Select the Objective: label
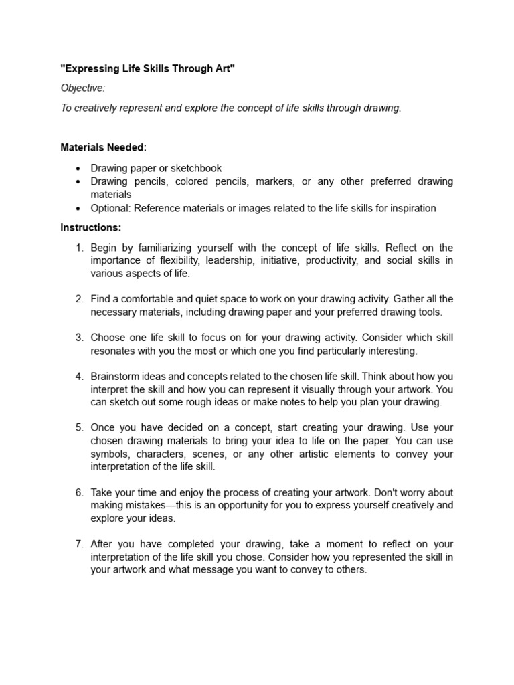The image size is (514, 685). (x=83, y=88)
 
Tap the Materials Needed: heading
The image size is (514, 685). (x=103, y=147)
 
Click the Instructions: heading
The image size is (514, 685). (x=90, y=227)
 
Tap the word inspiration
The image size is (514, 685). (x=410, y=208)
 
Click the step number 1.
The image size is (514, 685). (x=79, y=248)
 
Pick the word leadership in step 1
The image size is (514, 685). (x=210, y=260)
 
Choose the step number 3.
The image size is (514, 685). (x=79, y=337)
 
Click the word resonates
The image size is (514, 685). (x=112, y=350)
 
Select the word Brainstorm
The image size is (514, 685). (x=115, y=376)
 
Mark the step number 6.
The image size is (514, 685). (x=79, y=492)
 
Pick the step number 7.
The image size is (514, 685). (x=79, y=544)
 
